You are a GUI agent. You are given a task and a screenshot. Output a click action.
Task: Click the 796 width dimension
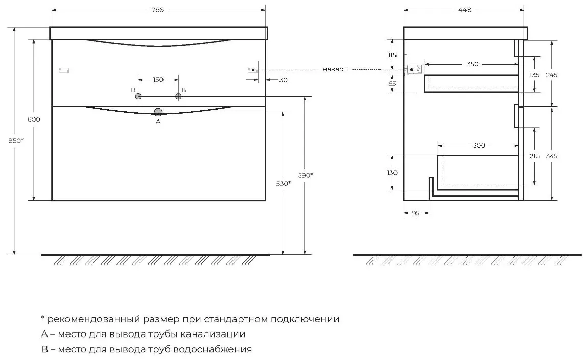[x=158, y=10]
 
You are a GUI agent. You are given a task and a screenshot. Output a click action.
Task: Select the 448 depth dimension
[x=465, y=10]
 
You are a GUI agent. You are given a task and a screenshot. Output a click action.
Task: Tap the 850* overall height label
[x=16, y=140]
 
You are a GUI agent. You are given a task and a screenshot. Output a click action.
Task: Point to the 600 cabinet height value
[x=34, y=119]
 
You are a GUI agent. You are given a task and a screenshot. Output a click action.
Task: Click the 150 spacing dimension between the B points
[x=158, y=80]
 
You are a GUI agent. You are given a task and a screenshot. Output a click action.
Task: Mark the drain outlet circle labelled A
[x=158, y=112]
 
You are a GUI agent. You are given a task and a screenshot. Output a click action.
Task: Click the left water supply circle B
[x=138, y=97]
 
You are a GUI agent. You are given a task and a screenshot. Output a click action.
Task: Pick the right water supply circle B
[x=178, y=97]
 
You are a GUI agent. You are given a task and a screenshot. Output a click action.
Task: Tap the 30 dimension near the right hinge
[x=283, y=80]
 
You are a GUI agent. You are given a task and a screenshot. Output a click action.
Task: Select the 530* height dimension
[x=283, y=183]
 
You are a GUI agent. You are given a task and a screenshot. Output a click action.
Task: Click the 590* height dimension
[x=305, y=175]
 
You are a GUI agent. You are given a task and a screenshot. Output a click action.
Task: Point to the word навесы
[x=335, y=69]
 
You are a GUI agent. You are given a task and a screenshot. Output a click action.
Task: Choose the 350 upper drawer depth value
[x=472, y=64]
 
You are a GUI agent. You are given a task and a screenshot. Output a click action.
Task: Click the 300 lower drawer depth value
[x=479, y=145]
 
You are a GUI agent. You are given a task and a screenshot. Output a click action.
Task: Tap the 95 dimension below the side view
[x=416, y=213]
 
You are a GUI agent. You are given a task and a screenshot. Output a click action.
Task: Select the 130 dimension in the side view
[x=392, y=173]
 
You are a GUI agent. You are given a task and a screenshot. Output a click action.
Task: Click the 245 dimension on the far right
[x=552, y=75]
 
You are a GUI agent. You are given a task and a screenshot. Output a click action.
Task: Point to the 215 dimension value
[x=534, y=156]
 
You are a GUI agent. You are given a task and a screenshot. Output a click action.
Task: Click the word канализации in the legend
[x=213, y=334]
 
